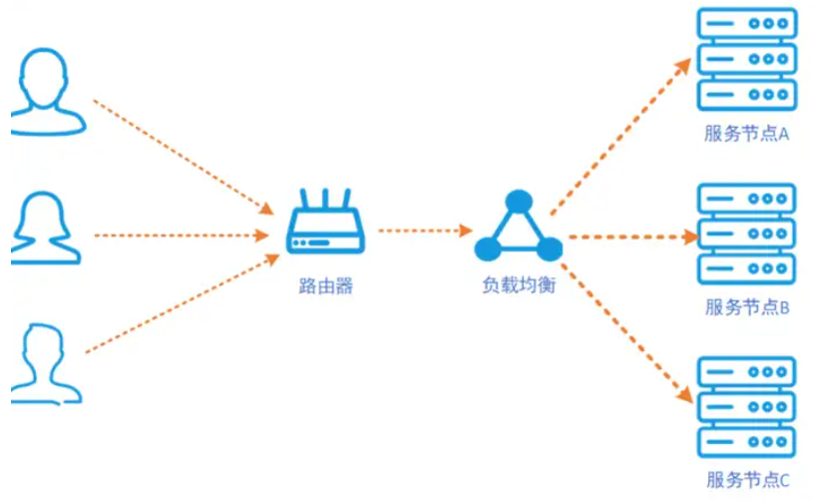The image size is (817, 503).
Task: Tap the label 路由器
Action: pos(326,286)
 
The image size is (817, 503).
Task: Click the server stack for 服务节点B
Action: pos(747,232)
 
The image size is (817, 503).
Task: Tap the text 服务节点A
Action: pos(746,134)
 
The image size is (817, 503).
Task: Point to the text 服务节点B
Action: pos(746,307)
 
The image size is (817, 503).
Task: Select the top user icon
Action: pos(47,90)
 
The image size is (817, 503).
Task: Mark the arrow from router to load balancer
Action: pos(422,231)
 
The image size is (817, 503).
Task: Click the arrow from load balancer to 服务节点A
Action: pos(619,136)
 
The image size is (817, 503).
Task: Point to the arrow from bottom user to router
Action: pos(180,305)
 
